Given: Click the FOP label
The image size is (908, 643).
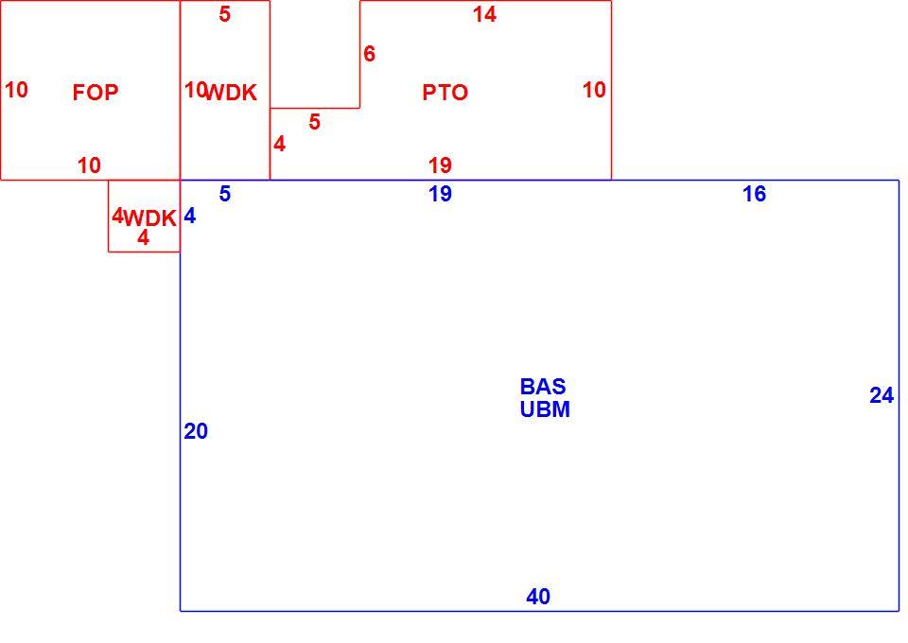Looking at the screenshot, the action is [x=96, y=93].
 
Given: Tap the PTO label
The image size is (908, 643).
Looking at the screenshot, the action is [x=445, y=93].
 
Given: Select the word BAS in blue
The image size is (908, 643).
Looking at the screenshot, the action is [x=543, y=387].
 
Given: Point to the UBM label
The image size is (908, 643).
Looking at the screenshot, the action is [x=545, y=409].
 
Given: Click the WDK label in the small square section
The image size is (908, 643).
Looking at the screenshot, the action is [x=150, y=218].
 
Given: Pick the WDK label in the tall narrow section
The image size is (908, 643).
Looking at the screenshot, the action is [x=231, y=93].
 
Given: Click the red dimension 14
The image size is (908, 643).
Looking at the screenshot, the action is [x=484, y=14].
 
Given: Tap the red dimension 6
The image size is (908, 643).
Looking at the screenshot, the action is [x=370, y=54].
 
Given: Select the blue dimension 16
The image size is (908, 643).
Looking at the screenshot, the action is [x=755, y=195].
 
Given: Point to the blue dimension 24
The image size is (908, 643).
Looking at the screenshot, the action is [x=882, y=396].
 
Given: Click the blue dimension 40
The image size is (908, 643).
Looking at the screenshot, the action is [x=538, y=597].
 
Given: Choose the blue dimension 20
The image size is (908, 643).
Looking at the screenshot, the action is [x=196, y=431].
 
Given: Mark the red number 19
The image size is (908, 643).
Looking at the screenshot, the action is [x=440, y=165].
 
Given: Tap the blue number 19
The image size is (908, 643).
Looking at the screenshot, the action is [x=440, y=194].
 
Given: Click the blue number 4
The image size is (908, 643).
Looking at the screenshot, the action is [x=190, y=216].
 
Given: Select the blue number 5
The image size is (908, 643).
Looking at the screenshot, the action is [x=225, y=194].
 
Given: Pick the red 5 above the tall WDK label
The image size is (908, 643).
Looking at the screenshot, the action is [x=225, y=14].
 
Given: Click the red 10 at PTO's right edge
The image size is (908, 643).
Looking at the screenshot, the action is [x=594, y=90].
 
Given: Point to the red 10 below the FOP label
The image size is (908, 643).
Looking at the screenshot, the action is [x=89, y=165].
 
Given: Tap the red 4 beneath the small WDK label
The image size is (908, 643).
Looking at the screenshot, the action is [x=143, y=237].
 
